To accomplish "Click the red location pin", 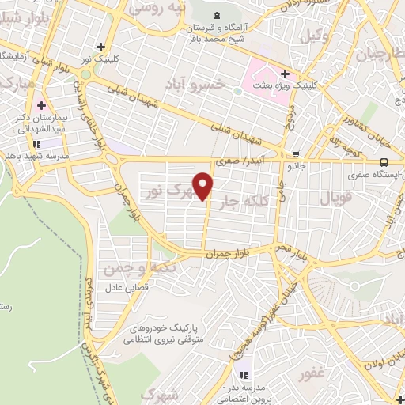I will pos(204,185).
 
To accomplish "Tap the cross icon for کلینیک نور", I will pos(100,46).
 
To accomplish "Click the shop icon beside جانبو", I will pos(296,154).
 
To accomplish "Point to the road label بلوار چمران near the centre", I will pos(214,255).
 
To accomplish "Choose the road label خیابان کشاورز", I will pos(337,125).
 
